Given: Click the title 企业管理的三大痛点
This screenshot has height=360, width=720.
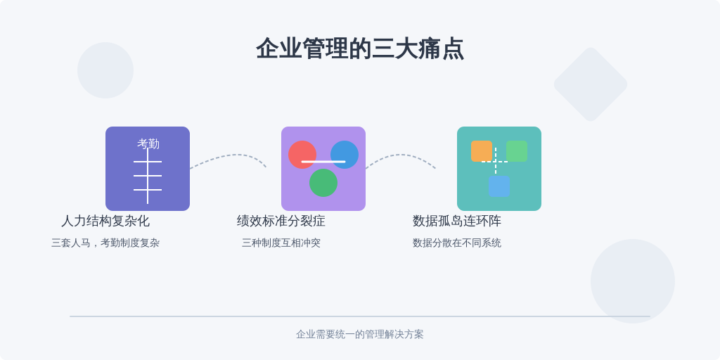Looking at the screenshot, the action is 360,49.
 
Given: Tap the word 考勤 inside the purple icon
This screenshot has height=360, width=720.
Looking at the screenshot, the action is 148,143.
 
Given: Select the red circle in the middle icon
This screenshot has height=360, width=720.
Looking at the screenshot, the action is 302,154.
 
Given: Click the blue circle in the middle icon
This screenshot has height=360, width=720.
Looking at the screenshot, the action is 345,154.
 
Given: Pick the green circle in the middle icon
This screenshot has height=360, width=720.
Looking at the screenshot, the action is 323,183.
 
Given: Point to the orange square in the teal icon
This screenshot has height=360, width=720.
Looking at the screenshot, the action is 481,151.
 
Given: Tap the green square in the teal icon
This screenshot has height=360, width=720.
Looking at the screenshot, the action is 517,151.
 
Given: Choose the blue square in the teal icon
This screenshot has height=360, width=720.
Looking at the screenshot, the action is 499,186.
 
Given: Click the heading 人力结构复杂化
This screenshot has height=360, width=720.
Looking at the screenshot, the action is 105,221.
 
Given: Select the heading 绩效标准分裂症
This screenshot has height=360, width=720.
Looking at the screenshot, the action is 281,221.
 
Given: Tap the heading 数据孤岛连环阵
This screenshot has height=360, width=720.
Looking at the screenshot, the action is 457,221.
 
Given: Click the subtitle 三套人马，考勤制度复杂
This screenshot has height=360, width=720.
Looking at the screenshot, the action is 105,243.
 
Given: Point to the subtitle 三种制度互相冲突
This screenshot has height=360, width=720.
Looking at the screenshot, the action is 281,243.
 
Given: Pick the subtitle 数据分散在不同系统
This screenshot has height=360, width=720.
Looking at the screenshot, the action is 457,243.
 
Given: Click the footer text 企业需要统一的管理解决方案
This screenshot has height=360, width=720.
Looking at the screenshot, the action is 360,334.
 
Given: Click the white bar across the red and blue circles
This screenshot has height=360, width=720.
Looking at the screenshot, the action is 323,162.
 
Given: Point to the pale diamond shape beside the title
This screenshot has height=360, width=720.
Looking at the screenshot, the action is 591,84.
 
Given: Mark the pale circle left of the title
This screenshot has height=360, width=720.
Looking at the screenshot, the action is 105,70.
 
